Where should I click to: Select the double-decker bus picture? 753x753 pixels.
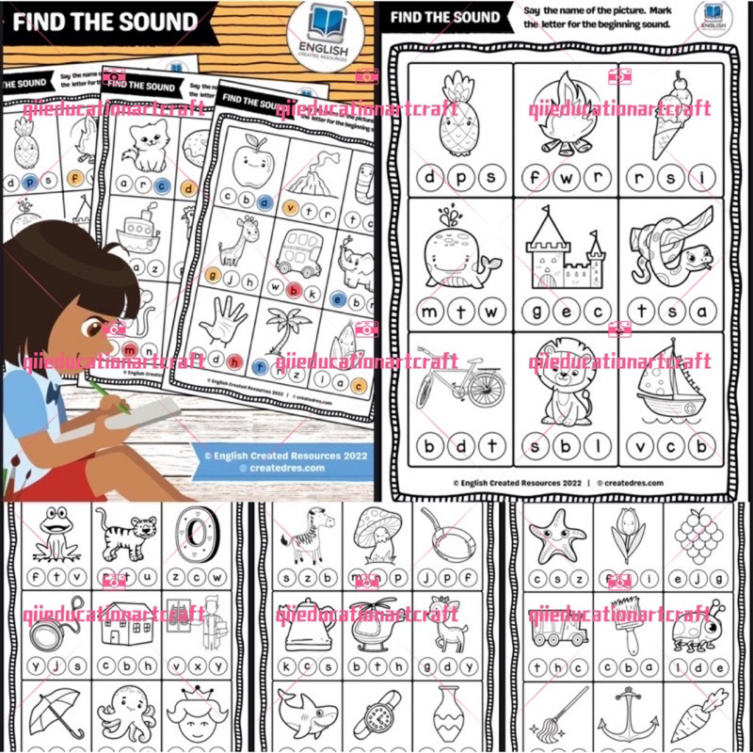[299, 249]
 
